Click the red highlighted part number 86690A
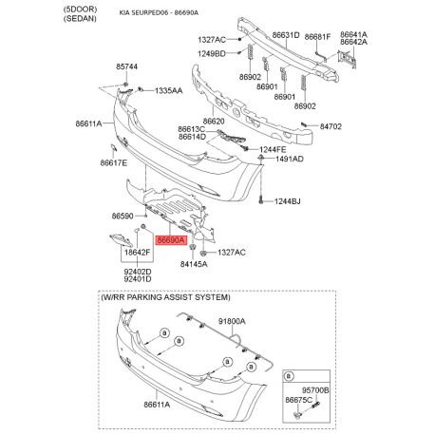(x=171, y=240)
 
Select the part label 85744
(x=126, y=66)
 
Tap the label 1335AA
(x=169, y=91)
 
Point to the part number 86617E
(x=114, y=162)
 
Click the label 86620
(x=214, y=121)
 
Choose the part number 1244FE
(x=273, y=149)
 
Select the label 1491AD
(x=290, y=159)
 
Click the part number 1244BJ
(x=287, y=201)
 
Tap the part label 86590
(x=123, y=217)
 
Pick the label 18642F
(x=137, y=253)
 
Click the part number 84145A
(x=194, y=264)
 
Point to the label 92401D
(x=138, y=279)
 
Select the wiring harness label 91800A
(x=232, y=321)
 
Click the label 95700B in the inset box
(x=315, y=390)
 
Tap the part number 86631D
(x=286, y=35)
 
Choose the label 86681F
(x=317, y=37)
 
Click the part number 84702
(x=331, y=126)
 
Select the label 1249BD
(x=212, y=54)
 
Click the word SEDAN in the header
(x=80, y=18)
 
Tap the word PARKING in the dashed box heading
(x=164, y=297)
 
